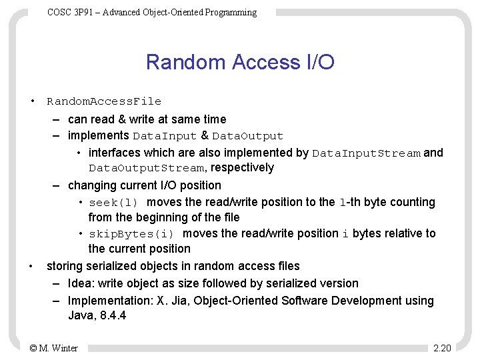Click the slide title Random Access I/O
coord(240,62)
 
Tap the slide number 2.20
coord(442,347)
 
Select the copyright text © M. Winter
coord(54,347)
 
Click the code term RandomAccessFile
coord(104,101)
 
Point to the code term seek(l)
coord(113,202)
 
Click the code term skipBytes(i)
coord(132,233)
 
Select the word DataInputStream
coord(366,153)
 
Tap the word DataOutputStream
coord(146,168)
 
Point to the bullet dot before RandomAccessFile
coord(31,101)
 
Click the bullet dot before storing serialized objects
coord(31,266)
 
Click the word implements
coord(99,135)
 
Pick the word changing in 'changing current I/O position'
coord(91,185)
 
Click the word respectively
coord(242,167)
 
